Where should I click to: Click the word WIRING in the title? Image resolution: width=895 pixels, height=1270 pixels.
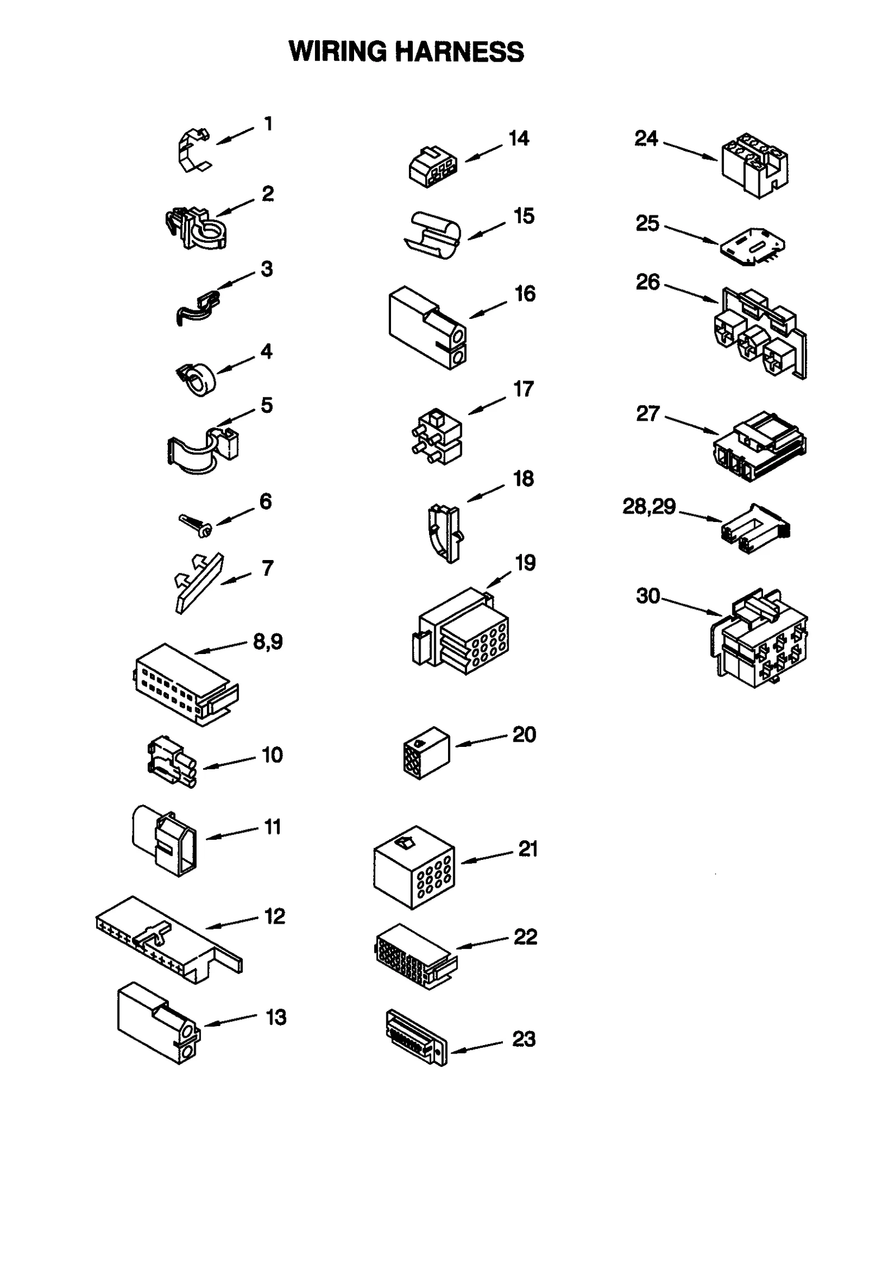click(337, 51)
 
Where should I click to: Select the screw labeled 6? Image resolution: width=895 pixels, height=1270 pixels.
click(195, 525)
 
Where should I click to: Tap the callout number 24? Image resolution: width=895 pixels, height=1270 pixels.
click(646, 138)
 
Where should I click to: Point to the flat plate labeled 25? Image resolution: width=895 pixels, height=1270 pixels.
click(752, 246)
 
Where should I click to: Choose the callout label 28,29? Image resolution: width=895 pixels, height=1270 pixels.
click(649, 506)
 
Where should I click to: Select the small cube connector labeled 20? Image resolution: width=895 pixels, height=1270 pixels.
click(426, 752)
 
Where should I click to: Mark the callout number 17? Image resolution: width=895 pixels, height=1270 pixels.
click(524, 389)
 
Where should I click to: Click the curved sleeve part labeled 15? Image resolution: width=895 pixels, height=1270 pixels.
click(434, 235)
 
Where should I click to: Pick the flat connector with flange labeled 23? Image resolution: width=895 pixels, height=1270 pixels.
click(417, 1037)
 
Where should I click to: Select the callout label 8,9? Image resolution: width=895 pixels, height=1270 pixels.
click(268, 641)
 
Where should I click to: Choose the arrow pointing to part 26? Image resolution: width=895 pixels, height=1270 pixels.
click(691, 294)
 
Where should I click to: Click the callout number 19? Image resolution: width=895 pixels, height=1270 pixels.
click(525, 562)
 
